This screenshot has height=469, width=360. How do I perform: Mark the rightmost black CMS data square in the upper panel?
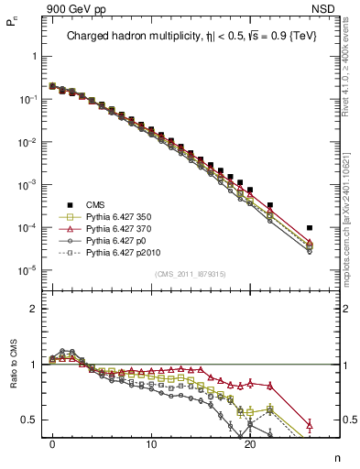(x=310, y=227)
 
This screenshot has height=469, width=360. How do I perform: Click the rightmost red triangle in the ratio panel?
(x=310, y=424)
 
